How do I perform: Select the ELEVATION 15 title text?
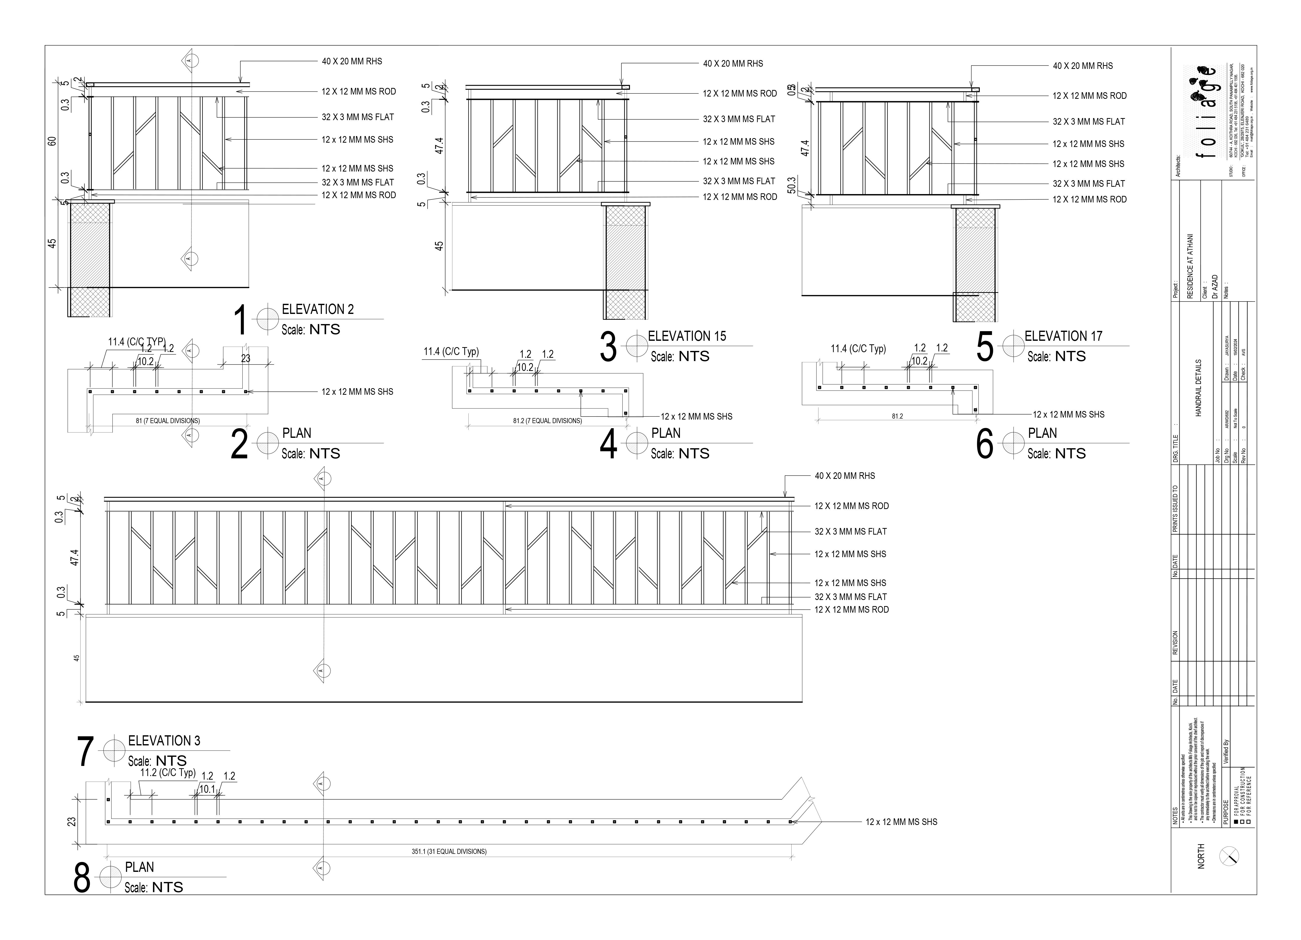click(x=687, y=336)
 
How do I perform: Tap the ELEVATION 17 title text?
click(x=1063, y=336)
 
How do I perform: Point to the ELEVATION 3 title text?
click(x=164, y=741)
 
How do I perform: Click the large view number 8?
click(x=82, y=878)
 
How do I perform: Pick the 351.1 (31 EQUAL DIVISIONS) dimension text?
click(x=449, y=852)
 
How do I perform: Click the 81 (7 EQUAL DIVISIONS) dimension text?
click(x=167, y=421)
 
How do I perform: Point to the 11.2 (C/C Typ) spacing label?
click(x=167, y=773)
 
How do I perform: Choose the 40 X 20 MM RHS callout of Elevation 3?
click(x=844, y=476)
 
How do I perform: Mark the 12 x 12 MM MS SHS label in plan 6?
click(x=1068, y=414)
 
